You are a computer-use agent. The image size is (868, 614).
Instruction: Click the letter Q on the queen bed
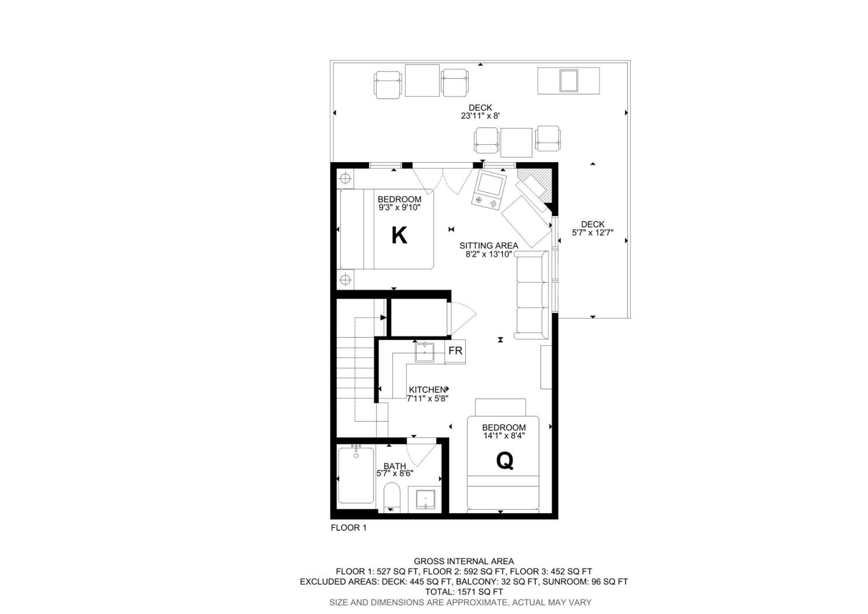tap(505, 461)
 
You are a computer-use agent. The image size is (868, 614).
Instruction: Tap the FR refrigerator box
tap(455, 351)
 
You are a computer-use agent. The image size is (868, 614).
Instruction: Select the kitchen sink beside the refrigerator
tap(425, 352)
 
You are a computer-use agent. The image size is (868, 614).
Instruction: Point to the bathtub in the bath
tap(356, 475)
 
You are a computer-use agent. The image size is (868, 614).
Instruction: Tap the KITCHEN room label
tap(428, 390)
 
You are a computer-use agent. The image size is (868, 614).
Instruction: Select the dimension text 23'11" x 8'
tap(480, 116)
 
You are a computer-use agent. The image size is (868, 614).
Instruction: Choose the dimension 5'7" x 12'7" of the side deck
tap(592, 232)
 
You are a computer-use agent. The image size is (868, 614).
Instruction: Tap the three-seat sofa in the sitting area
tap(531, 295)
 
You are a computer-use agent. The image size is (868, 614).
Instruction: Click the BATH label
tap(395, 466)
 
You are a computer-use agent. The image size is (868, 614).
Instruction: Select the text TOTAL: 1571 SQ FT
tap(464, 592)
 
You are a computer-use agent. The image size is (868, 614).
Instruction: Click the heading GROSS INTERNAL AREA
tap(464, 561)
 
